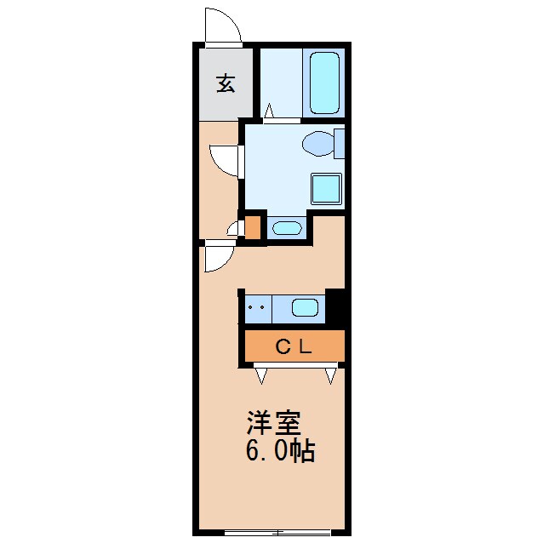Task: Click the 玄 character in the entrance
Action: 226,83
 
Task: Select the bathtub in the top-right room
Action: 324,83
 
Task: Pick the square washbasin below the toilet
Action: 326,188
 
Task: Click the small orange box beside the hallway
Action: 253,227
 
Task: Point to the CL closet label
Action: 294,346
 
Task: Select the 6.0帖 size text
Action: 280,450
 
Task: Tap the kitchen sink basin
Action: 306,307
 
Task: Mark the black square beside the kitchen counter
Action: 335,307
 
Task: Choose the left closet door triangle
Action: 261,374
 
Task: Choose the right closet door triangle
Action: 331,374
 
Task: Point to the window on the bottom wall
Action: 277,533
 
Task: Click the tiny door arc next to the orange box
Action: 234,228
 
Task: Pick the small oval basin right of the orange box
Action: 285,228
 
